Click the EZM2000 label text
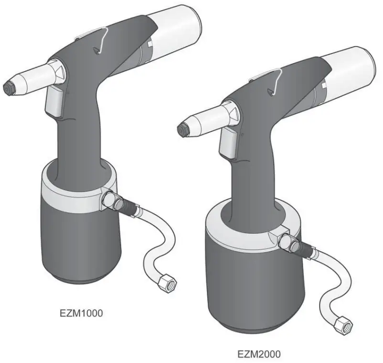click(259, 354)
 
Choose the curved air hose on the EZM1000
click(158, 239)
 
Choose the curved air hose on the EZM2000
click(330, 282)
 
